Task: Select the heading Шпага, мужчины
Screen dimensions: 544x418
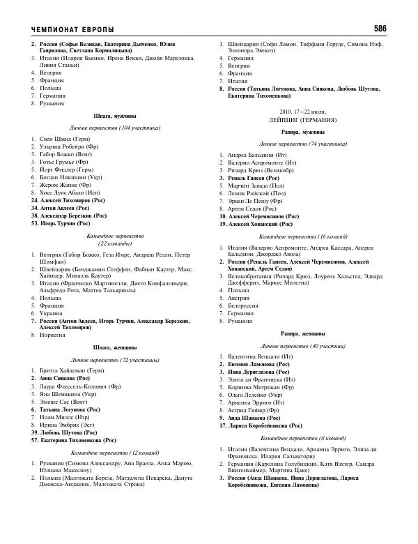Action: (114, 116)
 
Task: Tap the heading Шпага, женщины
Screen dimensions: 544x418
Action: (114, 347)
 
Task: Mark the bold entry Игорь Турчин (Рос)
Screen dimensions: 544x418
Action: (63, 224)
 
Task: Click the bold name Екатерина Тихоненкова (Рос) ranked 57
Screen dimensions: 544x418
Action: (77, 441)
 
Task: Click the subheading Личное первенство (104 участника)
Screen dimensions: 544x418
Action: (114, 128)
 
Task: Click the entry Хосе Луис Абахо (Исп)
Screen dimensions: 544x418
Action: (69, 192)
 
